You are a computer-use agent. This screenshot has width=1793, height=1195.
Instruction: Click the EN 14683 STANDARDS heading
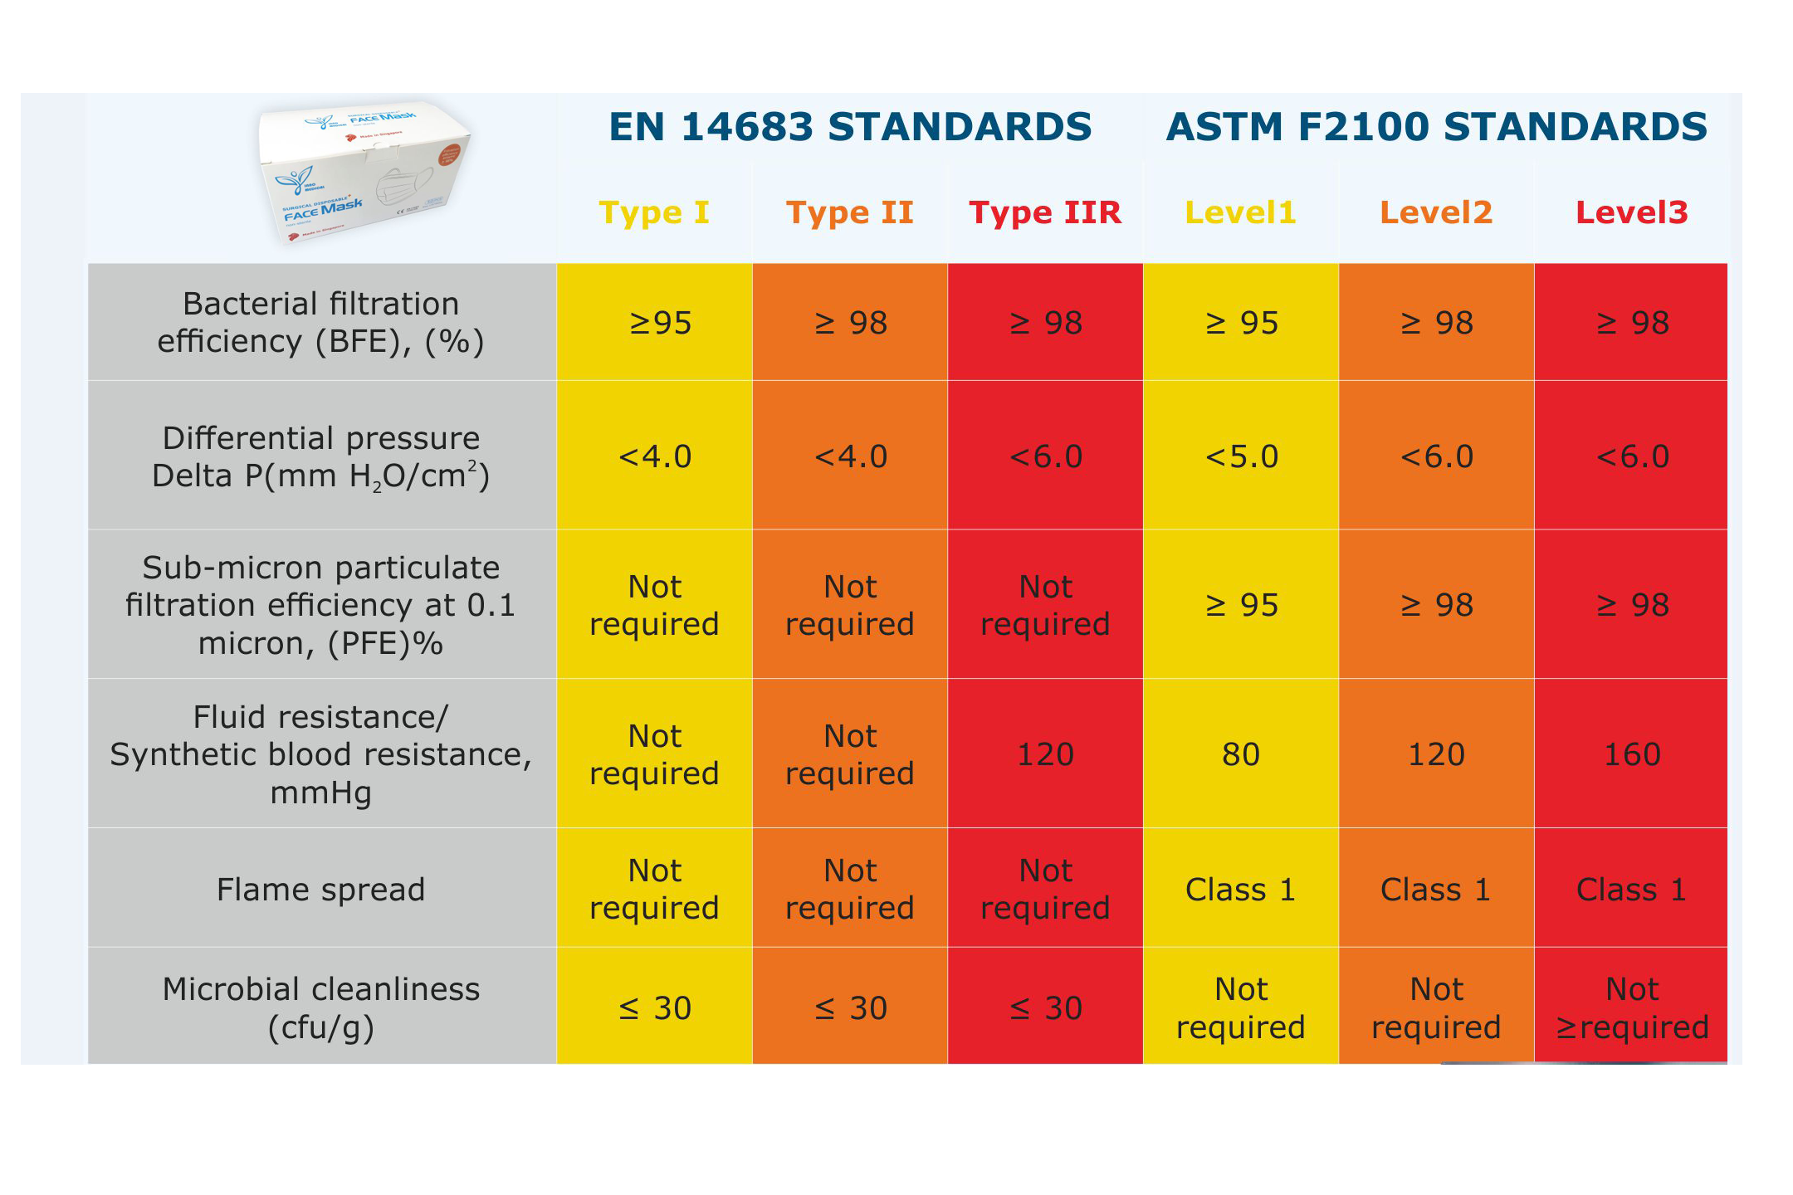[850, 127]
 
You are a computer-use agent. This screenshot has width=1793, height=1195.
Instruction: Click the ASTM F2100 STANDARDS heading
[1436, 127]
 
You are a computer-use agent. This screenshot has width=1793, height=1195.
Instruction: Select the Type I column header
[654, 212]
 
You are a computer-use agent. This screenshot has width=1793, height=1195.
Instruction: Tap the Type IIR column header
[1045, 212]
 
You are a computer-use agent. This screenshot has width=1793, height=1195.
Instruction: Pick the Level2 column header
[1436, 212]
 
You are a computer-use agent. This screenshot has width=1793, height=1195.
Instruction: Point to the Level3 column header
[1631, 212]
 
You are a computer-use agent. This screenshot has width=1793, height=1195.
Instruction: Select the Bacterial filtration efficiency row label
[321, 322]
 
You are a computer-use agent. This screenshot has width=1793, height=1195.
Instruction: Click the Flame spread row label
[321, 890]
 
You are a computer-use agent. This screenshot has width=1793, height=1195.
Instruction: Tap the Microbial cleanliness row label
[321, 1007]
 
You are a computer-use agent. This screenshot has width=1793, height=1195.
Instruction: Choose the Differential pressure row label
[321, 456]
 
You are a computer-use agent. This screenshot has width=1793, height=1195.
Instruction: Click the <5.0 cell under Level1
[1241, 456]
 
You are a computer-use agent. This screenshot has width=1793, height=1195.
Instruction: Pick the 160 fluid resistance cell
[1631, 754]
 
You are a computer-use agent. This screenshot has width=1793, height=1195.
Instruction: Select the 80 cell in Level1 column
[1241, 754]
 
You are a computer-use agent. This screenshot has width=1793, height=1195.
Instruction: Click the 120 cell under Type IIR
[1045, 754]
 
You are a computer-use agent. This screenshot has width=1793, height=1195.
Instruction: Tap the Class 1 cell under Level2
[1436, 890]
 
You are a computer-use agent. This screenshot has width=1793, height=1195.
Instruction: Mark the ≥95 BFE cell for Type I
[660, 323]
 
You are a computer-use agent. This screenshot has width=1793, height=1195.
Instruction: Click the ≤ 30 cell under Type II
[850, 1008]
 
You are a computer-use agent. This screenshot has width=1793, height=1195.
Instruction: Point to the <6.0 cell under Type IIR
[1045, 456]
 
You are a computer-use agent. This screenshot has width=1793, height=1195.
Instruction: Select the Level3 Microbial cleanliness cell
[1631, 1007]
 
